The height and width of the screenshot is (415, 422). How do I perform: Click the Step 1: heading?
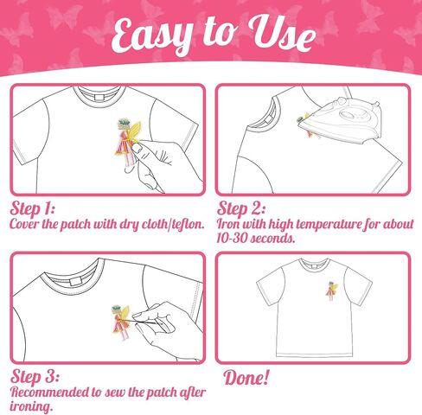click(x=32, y=208)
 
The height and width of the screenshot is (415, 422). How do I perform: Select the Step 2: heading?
click(x=240, y=208)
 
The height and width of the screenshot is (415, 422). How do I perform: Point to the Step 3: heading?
click(x=35, y=376)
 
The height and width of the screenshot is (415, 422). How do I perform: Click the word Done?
click(x=246, y=378)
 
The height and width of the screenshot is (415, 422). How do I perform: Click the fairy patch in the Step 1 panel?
click(x=128, y=142)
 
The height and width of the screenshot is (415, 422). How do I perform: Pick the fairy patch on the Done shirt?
click(x=331, y=290)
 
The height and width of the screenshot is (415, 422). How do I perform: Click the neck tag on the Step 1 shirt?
click(x=99, y=97)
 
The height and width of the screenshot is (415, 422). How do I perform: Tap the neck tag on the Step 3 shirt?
click(x=76, y=282)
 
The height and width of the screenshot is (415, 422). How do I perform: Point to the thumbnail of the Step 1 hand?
click(x=138, y=149)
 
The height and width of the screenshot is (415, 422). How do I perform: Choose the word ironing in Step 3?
click(x=31, y=407)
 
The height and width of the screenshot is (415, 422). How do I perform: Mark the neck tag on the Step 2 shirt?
click(x=268, y=119)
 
